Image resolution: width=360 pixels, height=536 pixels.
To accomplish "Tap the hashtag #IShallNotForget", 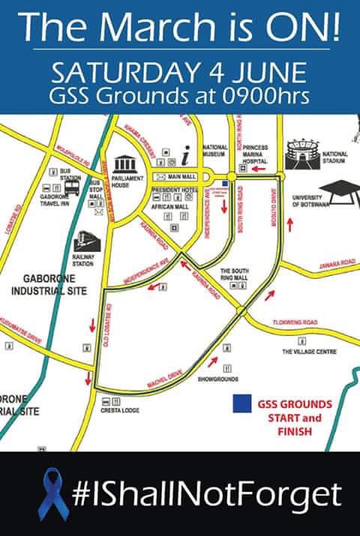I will coord(206,494).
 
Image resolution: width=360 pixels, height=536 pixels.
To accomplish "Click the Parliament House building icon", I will coord(123,165).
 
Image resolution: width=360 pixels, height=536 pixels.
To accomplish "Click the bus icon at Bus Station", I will coord(72,187).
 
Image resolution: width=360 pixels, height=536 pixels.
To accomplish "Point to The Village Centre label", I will coord(309,351).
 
